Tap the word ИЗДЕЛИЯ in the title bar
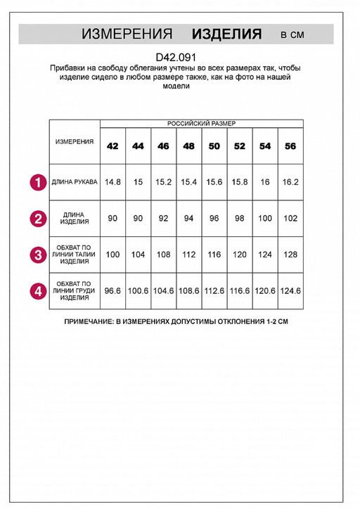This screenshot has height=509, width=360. point(226,34)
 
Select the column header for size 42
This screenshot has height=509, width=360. point(112,146)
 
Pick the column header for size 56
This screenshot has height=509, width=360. point(290,146)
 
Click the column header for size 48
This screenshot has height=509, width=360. point(188,146)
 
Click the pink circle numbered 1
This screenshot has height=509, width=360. point(37,182)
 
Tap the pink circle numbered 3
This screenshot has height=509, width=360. point(37,254)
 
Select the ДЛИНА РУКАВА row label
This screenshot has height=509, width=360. point(75,182)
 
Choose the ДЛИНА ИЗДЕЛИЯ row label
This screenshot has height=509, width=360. point(75,218)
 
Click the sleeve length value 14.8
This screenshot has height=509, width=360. point(112,182)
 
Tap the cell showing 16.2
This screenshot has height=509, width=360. point(290,182)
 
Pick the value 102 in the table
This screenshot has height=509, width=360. point(290,218)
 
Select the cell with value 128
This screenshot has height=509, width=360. point(290,254)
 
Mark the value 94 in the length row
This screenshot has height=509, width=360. point(188,218)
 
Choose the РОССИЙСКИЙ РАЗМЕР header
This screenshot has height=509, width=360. point(201,123)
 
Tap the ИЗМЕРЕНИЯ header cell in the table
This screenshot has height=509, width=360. point(75,141)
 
